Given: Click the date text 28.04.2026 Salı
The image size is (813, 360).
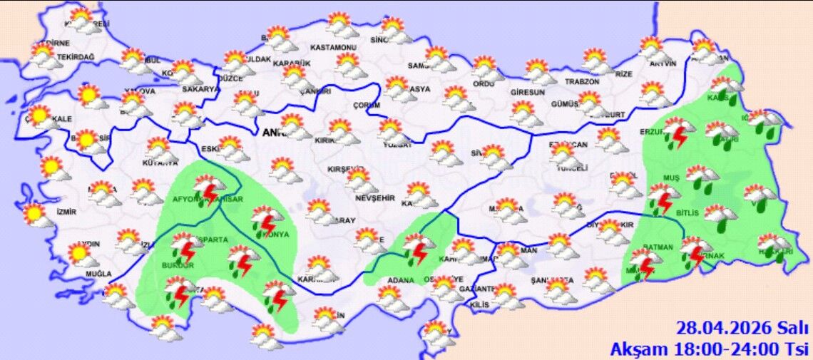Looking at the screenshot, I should tap(742, 329).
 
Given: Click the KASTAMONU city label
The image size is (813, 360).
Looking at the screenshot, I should tap(333, 48).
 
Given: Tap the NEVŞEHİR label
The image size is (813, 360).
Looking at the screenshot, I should tap(375, 197).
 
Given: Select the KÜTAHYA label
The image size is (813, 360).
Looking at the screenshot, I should tap(160, 163).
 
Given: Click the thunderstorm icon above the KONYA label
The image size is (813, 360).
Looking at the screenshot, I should tap(266, 219).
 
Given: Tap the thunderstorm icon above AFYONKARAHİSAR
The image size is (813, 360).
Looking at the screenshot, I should tap(208, 187).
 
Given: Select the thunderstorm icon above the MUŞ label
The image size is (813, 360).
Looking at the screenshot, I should tap(663, 197).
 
